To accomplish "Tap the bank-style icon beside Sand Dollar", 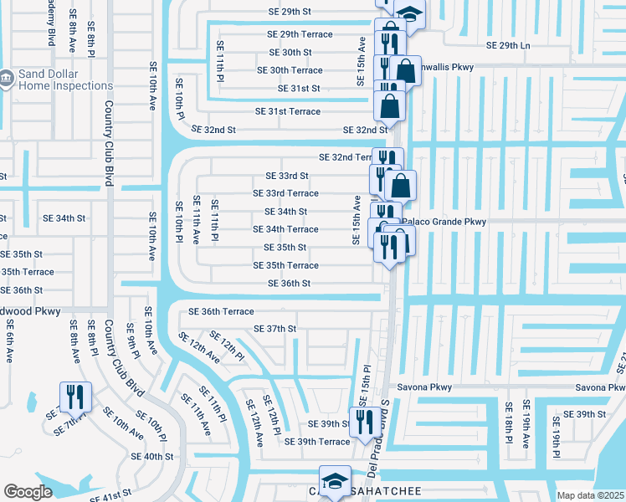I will coord(5,79).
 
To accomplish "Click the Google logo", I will coord(27,491).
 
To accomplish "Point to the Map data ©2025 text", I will coord(591,495).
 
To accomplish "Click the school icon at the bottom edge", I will coord(335,481).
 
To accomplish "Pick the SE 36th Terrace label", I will coord(221,311).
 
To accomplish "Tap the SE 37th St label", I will coord(275,329).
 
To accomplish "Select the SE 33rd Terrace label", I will coord(285,193).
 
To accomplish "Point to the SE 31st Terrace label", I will coord(287,111).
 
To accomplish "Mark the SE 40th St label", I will coord(151,457).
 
